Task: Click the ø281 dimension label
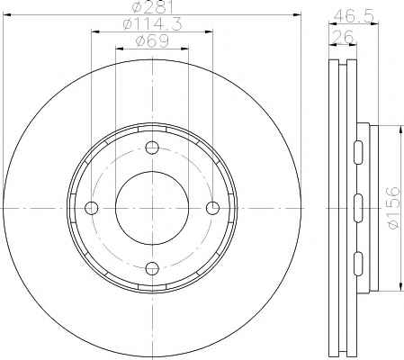tap(152, 7)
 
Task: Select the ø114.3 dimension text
tap(152, 24)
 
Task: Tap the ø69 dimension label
tap(152, 40)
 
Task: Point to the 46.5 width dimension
tap(354, 15)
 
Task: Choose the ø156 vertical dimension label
tap(394, 208)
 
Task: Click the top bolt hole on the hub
tap(152, 148)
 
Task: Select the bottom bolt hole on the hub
tap(152, 268)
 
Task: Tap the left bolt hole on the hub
tap(92, 208)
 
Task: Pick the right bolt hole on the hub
tap(213, 208)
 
